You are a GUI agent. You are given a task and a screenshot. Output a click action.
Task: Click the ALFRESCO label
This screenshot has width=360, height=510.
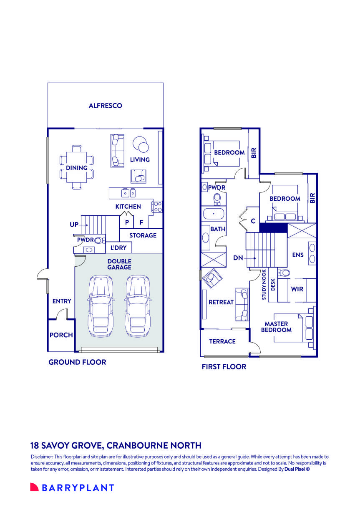[105, 106]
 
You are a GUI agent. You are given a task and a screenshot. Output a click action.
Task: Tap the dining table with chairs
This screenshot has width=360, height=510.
[77, 167]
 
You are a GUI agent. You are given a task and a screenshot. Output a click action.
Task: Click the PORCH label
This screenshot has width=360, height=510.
[61, 335]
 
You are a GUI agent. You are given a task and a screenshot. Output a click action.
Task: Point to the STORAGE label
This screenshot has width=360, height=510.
[143, 236]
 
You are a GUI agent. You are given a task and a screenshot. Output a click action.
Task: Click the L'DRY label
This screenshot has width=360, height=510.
[118, 248]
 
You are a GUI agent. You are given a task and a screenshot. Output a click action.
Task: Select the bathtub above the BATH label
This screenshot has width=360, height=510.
[214, 214]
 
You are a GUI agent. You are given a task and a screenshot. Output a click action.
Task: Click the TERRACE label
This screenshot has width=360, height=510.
[222, 342]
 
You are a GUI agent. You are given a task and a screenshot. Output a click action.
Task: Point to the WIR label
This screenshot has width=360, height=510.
[297, 289]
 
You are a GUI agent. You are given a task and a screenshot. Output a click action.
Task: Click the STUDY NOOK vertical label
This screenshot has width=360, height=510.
[264, 285]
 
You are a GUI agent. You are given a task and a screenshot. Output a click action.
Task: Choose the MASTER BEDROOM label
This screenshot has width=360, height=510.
[276, 327]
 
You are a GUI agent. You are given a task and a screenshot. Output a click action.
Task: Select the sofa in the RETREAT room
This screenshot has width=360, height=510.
[242, 305]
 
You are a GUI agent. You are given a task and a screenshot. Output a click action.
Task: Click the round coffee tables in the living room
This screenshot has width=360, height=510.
[141, 145]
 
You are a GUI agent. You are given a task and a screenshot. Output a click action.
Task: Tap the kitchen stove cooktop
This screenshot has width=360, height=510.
[158, 207]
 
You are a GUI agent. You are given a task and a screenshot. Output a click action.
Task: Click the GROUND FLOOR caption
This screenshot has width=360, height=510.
[77, 362]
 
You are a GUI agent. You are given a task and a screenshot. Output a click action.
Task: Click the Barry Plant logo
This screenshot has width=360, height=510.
[72, 487]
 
